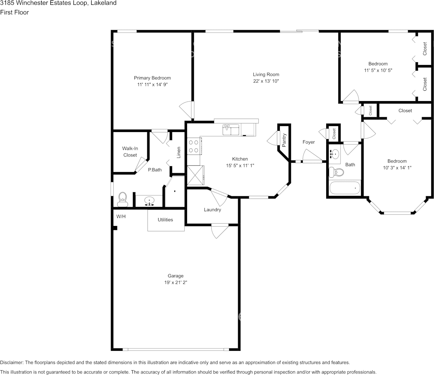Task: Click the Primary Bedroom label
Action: (x=152, y=78)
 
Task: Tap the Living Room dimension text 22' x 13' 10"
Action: (x=266, y=81)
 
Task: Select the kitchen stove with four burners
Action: (x=193, y=146)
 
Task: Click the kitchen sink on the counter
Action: (x=231, y=129)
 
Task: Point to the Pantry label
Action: (x=284, y=140)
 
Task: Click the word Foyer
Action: (x=308, y=142)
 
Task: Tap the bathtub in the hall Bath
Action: (x=344, y=188)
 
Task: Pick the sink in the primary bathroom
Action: (x=149, y=201)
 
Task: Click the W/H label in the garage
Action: (x=121, y=217)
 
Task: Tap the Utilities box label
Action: (x=165, y=220)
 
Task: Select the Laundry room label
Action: (x=212, y=210)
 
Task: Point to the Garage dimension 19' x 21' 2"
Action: (x=175, y=283)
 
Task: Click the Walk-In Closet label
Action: (x=130, y=152)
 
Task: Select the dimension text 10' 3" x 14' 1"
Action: (x=397, y=168)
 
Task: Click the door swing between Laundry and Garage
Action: (x=219, y=231)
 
